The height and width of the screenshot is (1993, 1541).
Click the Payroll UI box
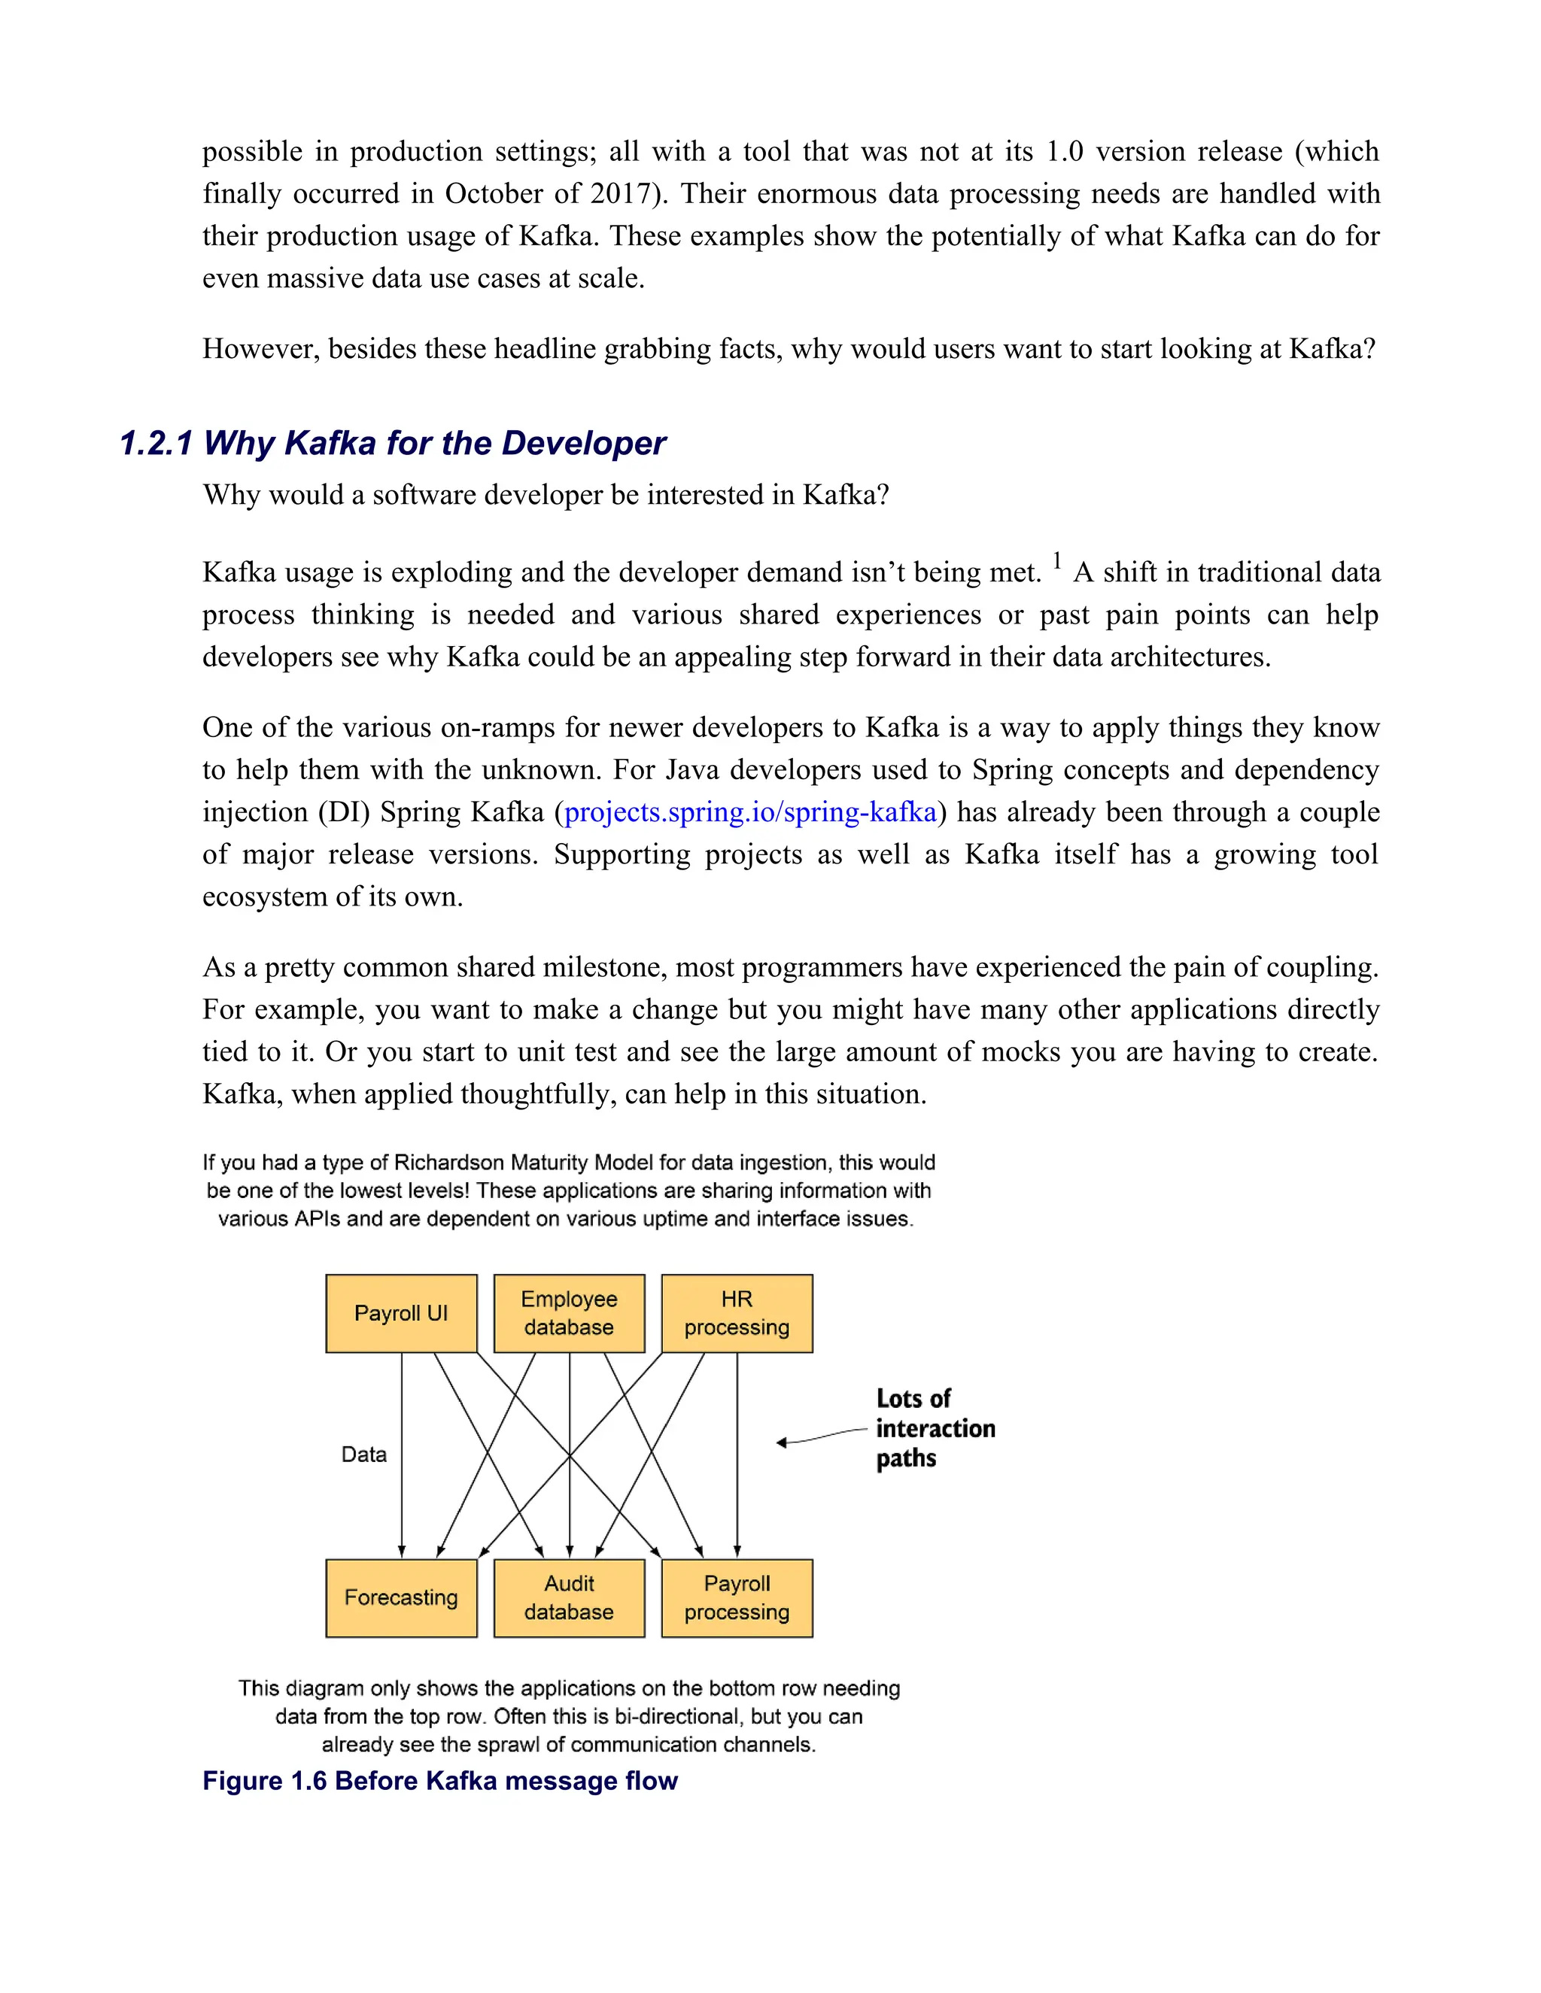401,1313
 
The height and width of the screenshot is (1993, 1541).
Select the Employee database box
569,1313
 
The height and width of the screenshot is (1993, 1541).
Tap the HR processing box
737,1313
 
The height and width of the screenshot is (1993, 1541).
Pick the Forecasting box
401,1598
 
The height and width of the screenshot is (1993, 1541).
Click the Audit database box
569,1598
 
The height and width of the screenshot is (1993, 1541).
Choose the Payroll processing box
737,1598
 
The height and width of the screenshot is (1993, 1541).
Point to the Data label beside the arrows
363,1455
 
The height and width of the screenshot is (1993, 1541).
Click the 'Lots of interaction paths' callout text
934,1428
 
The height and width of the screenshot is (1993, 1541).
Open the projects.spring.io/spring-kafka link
750,812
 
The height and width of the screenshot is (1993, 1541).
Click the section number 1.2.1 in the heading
156,444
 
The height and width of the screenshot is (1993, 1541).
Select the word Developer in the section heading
583,444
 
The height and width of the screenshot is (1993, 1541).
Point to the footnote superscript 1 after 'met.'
1057,560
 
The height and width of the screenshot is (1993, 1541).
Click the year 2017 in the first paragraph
621,193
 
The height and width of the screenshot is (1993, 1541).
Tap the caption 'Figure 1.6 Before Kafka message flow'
440,1780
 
